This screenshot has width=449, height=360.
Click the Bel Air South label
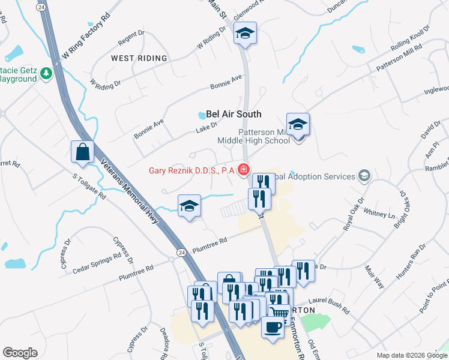click(234, 114)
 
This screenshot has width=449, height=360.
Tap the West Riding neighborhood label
click(139, 58)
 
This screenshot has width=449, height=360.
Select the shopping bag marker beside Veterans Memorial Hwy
click(82, 153)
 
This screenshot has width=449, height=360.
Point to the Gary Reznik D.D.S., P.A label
click(191, 170)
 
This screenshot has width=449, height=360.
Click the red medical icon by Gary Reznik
click(244, 170)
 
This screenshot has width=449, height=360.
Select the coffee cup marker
click(273, 328)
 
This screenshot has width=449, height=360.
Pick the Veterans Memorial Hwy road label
click(131, 191)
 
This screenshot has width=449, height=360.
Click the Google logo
click(20, 353)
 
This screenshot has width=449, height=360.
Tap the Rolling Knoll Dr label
click(411, 38)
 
